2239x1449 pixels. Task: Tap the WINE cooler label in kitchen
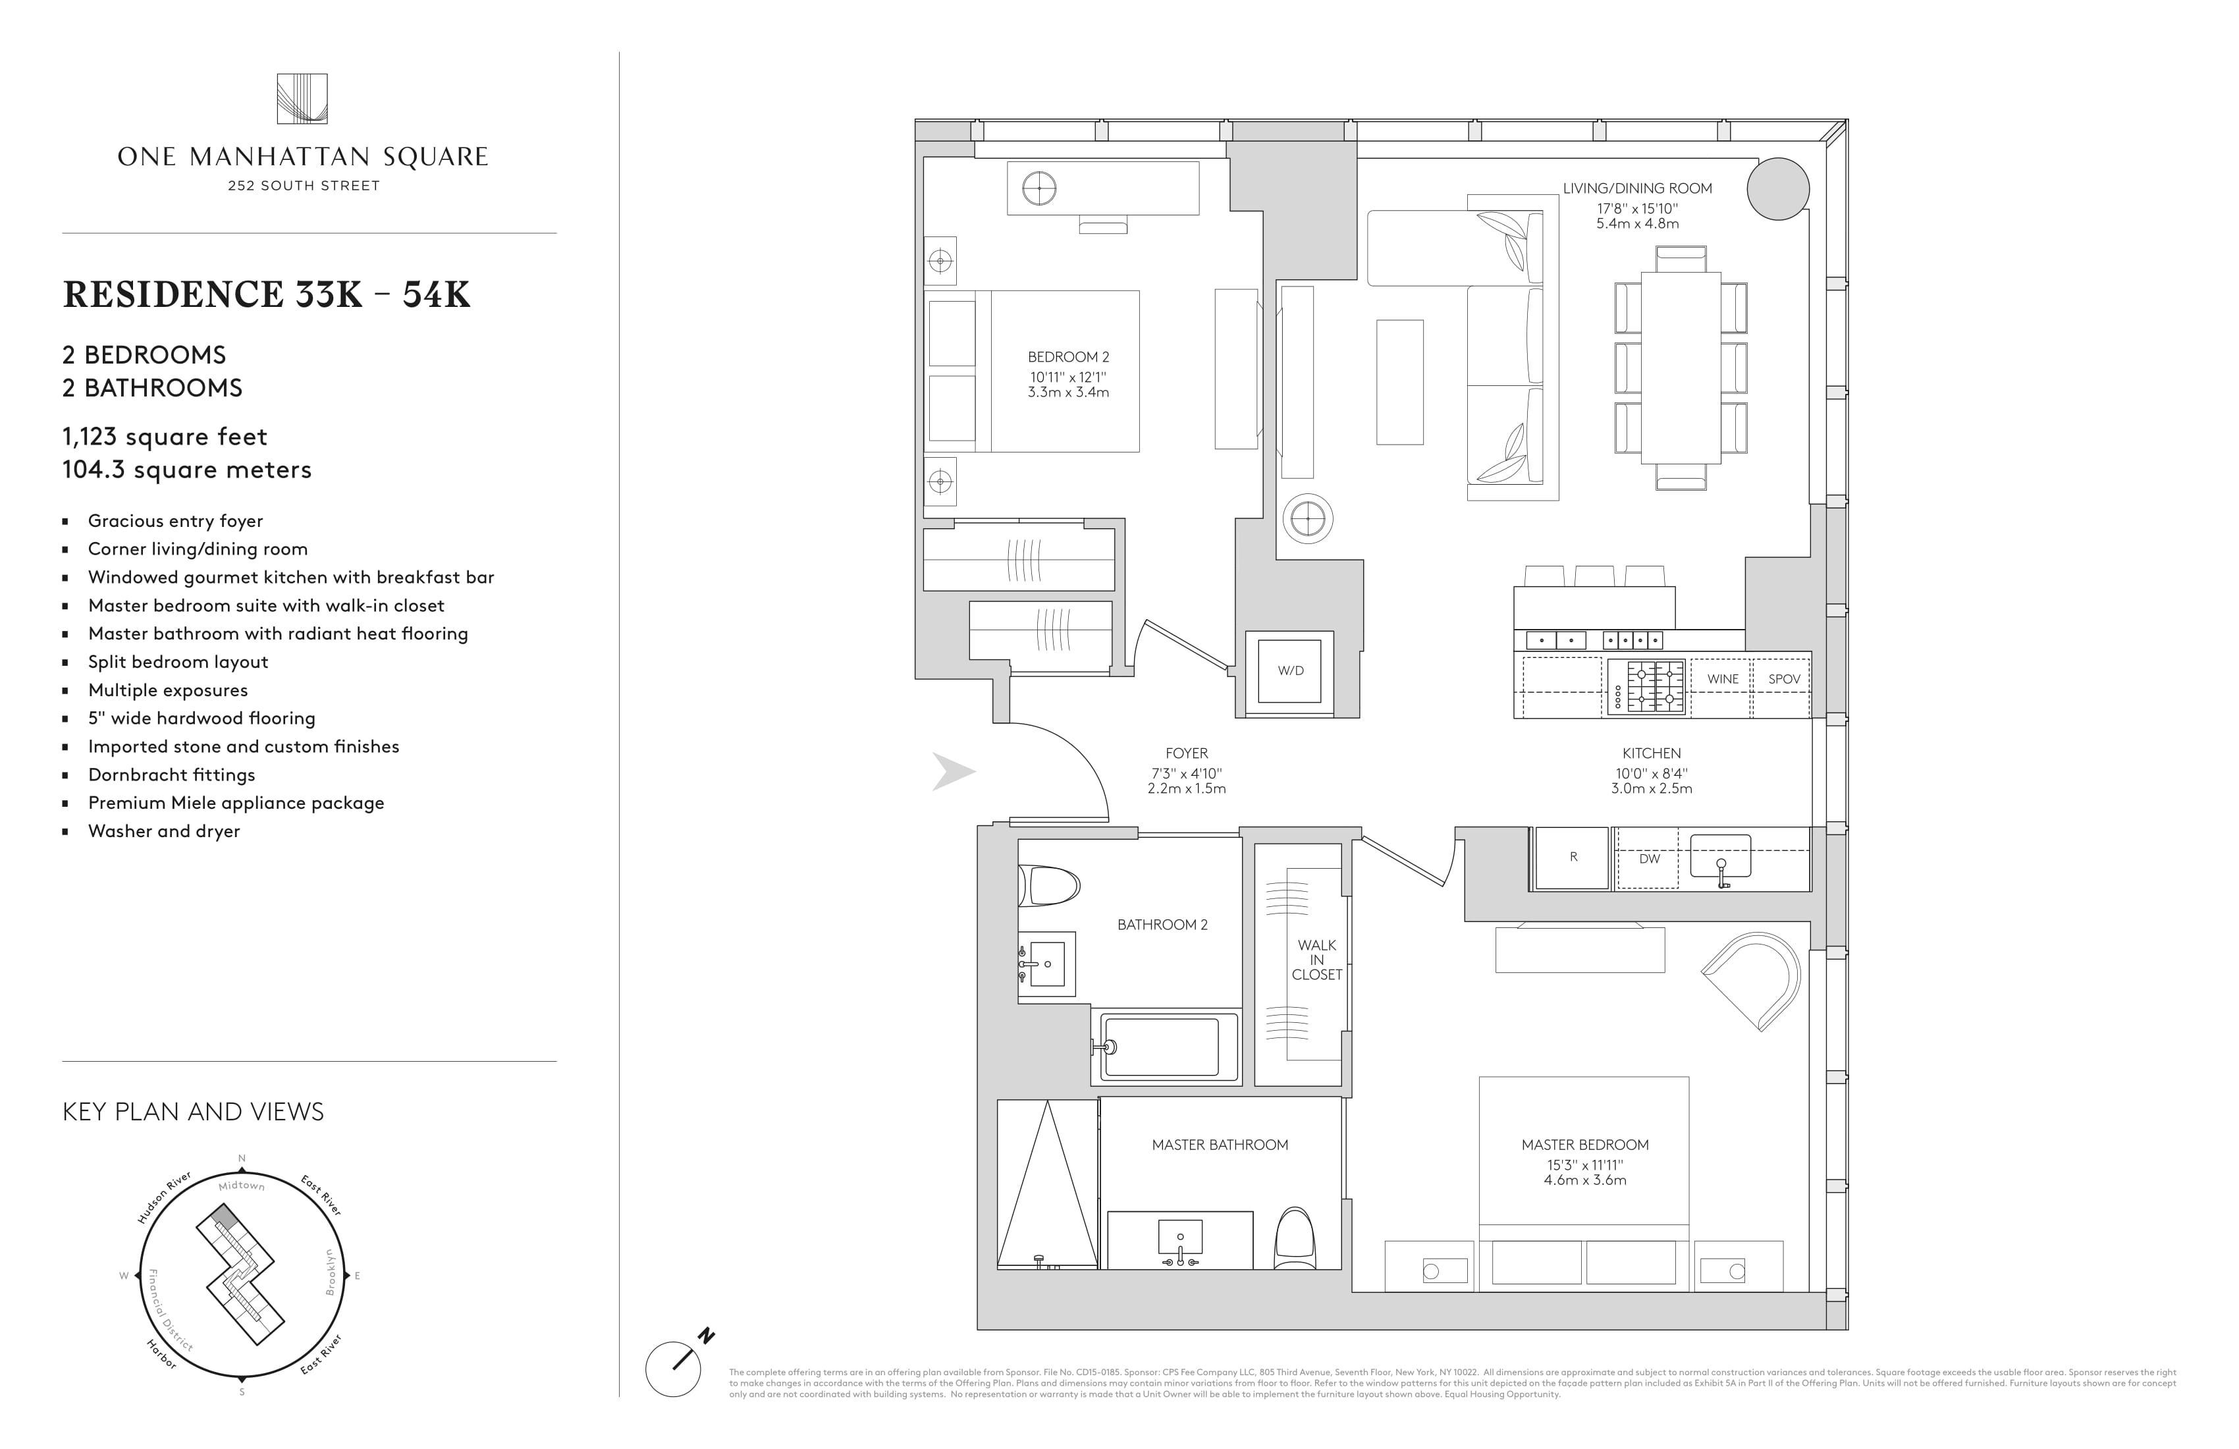click(1723, 679)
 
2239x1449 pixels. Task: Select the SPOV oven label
click(1784, 679)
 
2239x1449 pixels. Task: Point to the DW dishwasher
click(1648, 859)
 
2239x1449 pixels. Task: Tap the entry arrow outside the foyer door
click(953, 771)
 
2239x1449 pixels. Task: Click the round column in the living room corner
click(1778, 189)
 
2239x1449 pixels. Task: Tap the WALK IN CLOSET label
click(1316, 960)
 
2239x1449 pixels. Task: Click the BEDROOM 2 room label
click(1067, 358)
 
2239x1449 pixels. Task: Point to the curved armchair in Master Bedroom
click(1752, 979)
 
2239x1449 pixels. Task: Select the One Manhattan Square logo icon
click(302, 99)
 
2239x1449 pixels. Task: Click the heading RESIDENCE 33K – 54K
click(266, 294)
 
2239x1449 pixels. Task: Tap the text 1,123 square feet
click(165, 437)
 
